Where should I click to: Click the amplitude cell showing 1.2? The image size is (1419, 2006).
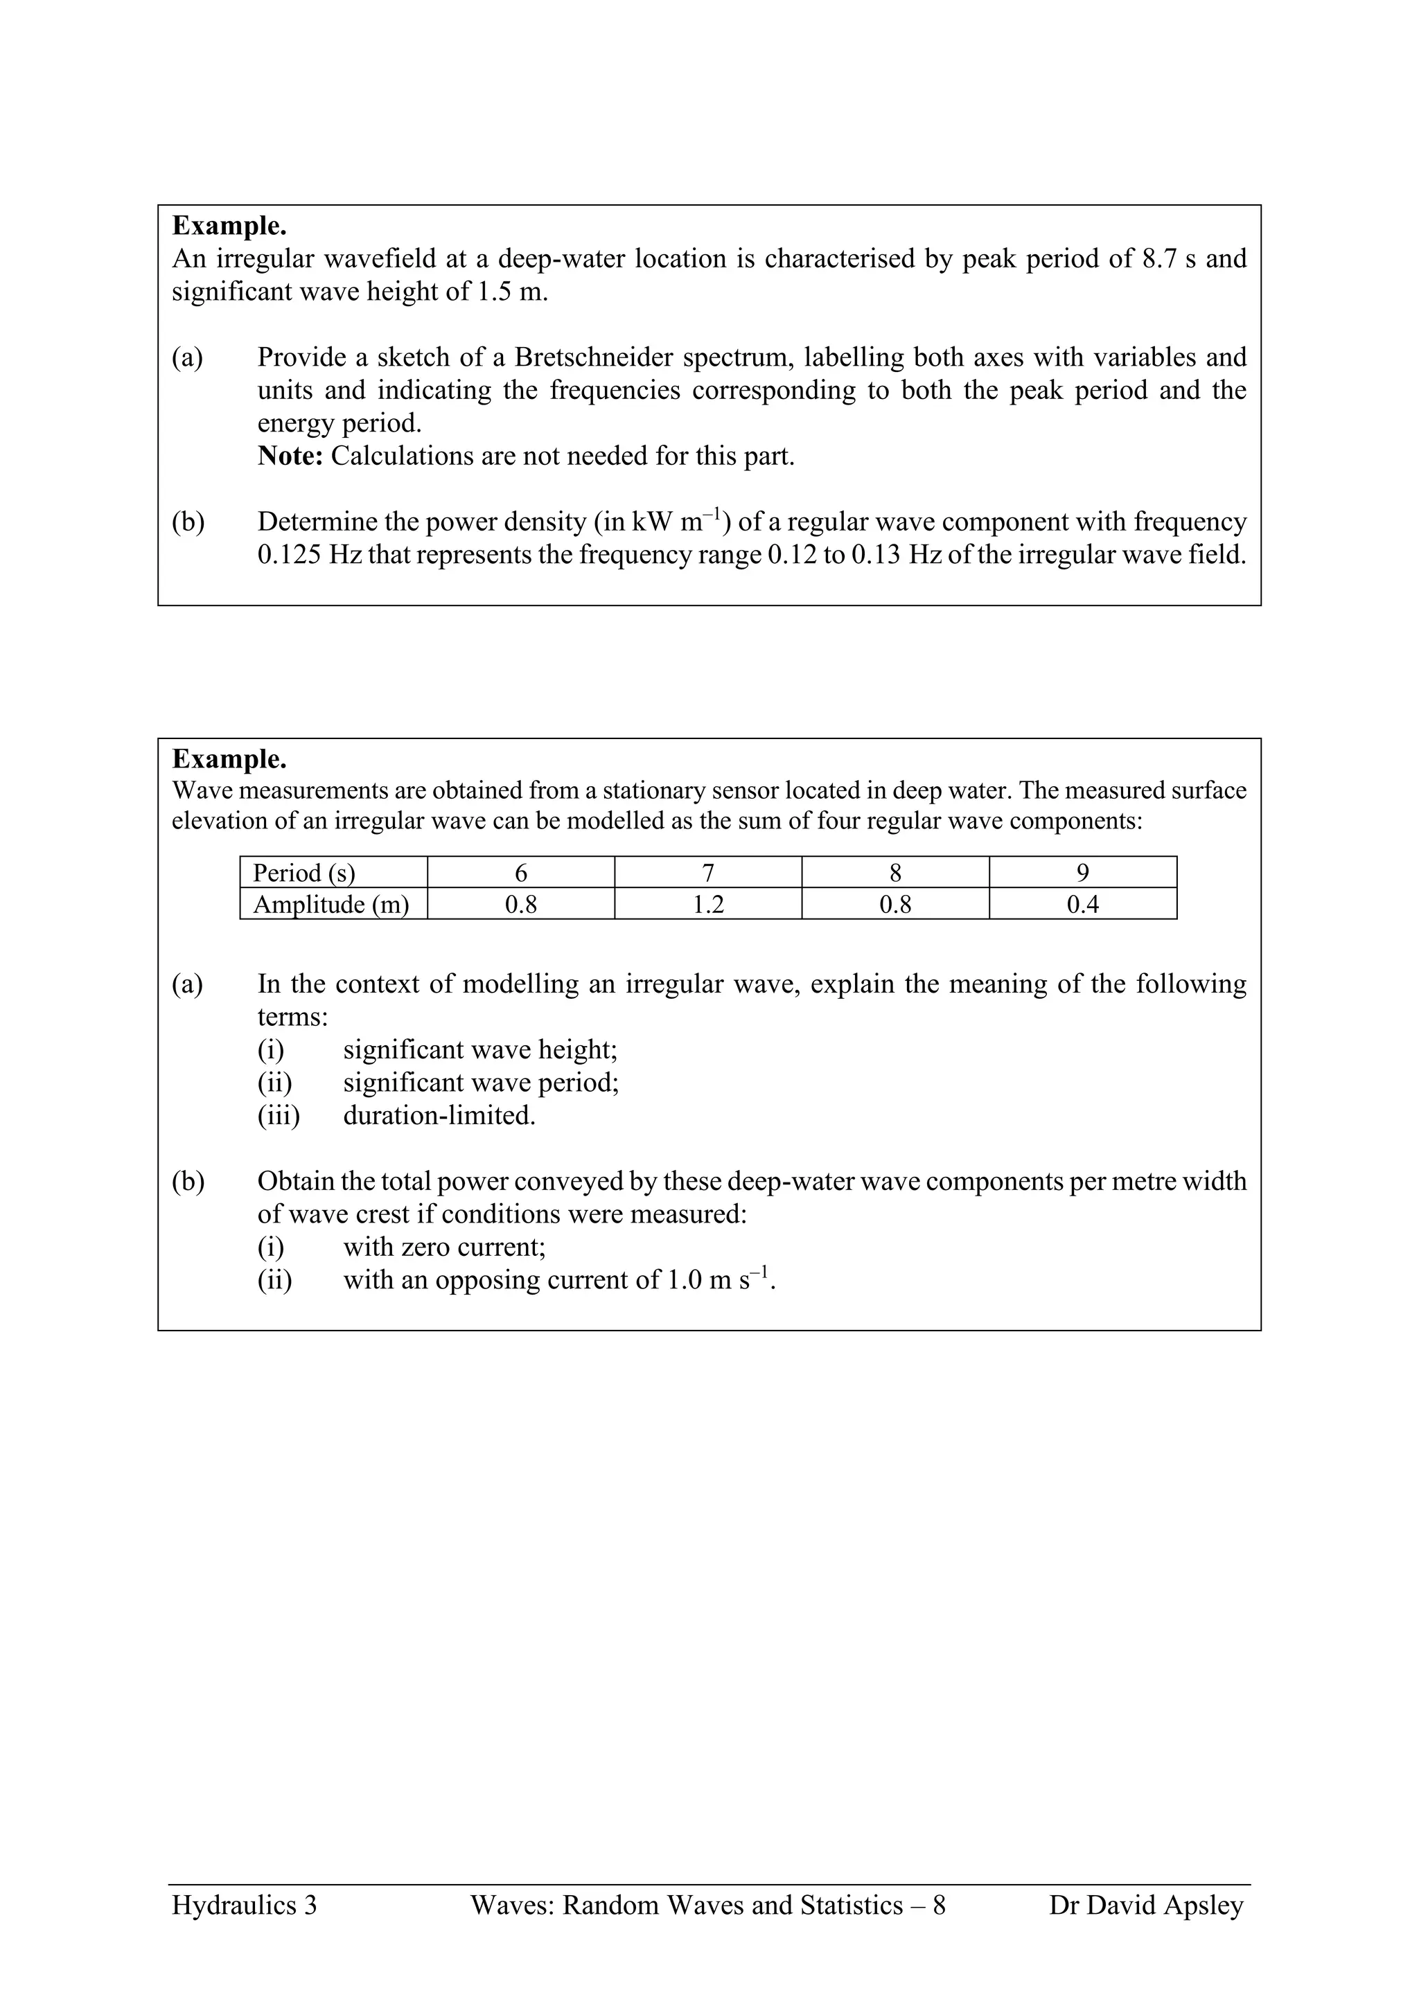coord(707,904)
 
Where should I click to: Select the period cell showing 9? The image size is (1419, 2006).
coord(1082,873)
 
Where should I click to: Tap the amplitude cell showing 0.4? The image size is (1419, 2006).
coord(1082,904)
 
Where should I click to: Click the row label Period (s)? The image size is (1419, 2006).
coord(303,873)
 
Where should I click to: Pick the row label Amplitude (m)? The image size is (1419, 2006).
coord(330,904)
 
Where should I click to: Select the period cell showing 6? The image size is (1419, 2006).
coord(521,873)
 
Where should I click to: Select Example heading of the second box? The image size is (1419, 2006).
coord(229,758)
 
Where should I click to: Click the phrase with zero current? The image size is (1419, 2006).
coord(444,1247)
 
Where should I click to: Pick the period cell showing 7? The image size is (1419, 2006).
coord(707,873)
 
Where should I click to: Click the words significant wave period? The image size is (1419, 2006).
coord(481,1083)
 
